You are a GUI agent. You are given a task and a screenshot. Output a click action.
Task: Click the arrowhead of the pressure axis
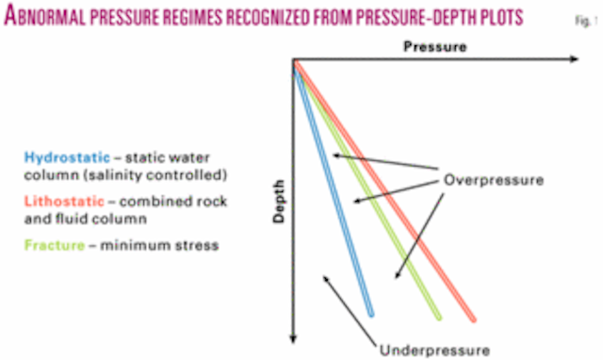point(573,60)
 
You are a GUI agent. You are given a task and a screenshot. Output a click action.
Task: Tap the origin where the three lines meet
point(295,62)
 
